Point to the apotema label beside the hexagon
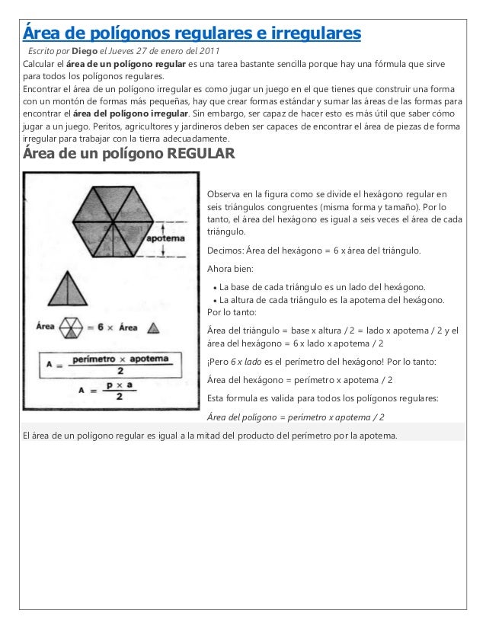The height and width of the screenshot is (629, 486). tap(165, 238)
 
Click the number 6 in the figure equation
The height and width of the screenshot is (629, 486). tap(99, 328)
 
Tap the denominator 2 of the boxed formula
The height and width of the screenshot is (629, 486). tap(119, 369)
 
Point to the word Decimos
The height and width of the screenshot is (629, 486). tap(228, 251)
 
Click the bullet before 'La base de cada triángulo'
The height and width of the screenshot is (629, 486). tap(213, 287)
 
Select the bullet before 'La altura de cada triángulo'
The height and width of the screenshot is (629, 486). tap(213, 300)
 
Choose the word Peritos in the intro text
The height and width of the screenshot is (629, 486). tap(106, 127)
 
